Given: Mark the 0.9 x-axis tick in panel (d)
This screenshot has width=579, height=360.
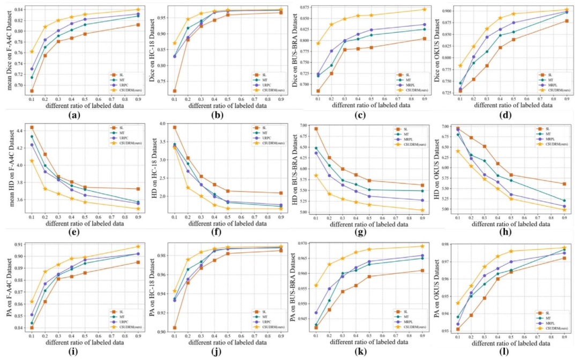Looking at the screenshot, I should pos(565,99).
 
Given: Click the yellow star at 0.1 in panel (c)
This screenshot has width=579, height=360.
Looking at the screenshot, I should pos(318,43).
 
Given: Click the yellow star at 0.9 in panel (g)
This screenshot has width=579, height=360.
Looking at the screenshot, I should pos(423,210).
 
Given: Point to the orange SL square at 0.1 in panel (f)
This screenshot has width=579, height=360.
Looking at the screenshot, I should pos(175,127).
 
